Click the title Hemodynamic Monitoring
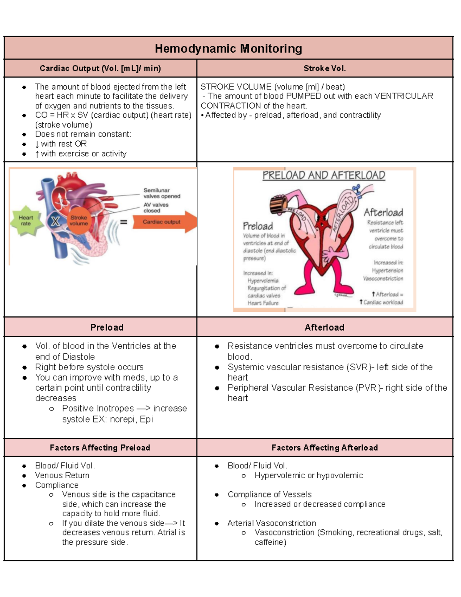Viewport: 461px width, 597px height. click(228, 49)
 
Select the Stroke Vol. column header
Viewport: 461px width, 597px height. click(325, 68)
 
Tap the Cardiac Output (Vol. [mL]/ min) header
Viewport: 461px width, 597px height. click(100, 68)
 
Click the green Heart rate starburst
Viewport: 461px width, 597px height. click(26, 221)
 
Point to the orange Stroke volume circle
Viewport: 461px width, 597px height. click(79, 221)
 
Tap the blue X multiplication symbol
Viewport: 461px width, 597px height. click(55, 221)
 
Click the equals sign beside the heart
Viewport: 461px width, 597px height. click(124, 222)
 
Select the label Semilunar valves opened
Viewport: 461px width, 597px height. click(161, 193)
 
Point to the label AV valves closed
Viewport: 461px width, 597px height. click(156, 208)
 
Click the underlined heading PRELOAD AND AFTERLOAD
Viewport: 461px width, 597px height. click(323, 176)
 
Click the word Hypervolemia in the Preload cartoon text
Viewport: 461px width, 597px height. click(263, 281)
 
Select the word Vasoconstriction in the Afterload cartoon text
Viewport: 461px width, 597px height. click(383, 278)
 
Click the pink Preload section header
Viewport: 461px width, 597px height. click(107, 328)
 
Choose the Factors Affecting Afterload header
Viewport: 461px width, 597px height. click(325, 447)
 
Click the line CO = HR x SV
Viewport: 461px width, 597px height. click(61, 115)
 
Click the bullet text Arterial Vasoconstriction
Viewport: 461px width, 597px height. click(272, 523)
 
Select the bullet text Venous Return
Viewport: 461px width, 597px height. click(62, 476)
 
